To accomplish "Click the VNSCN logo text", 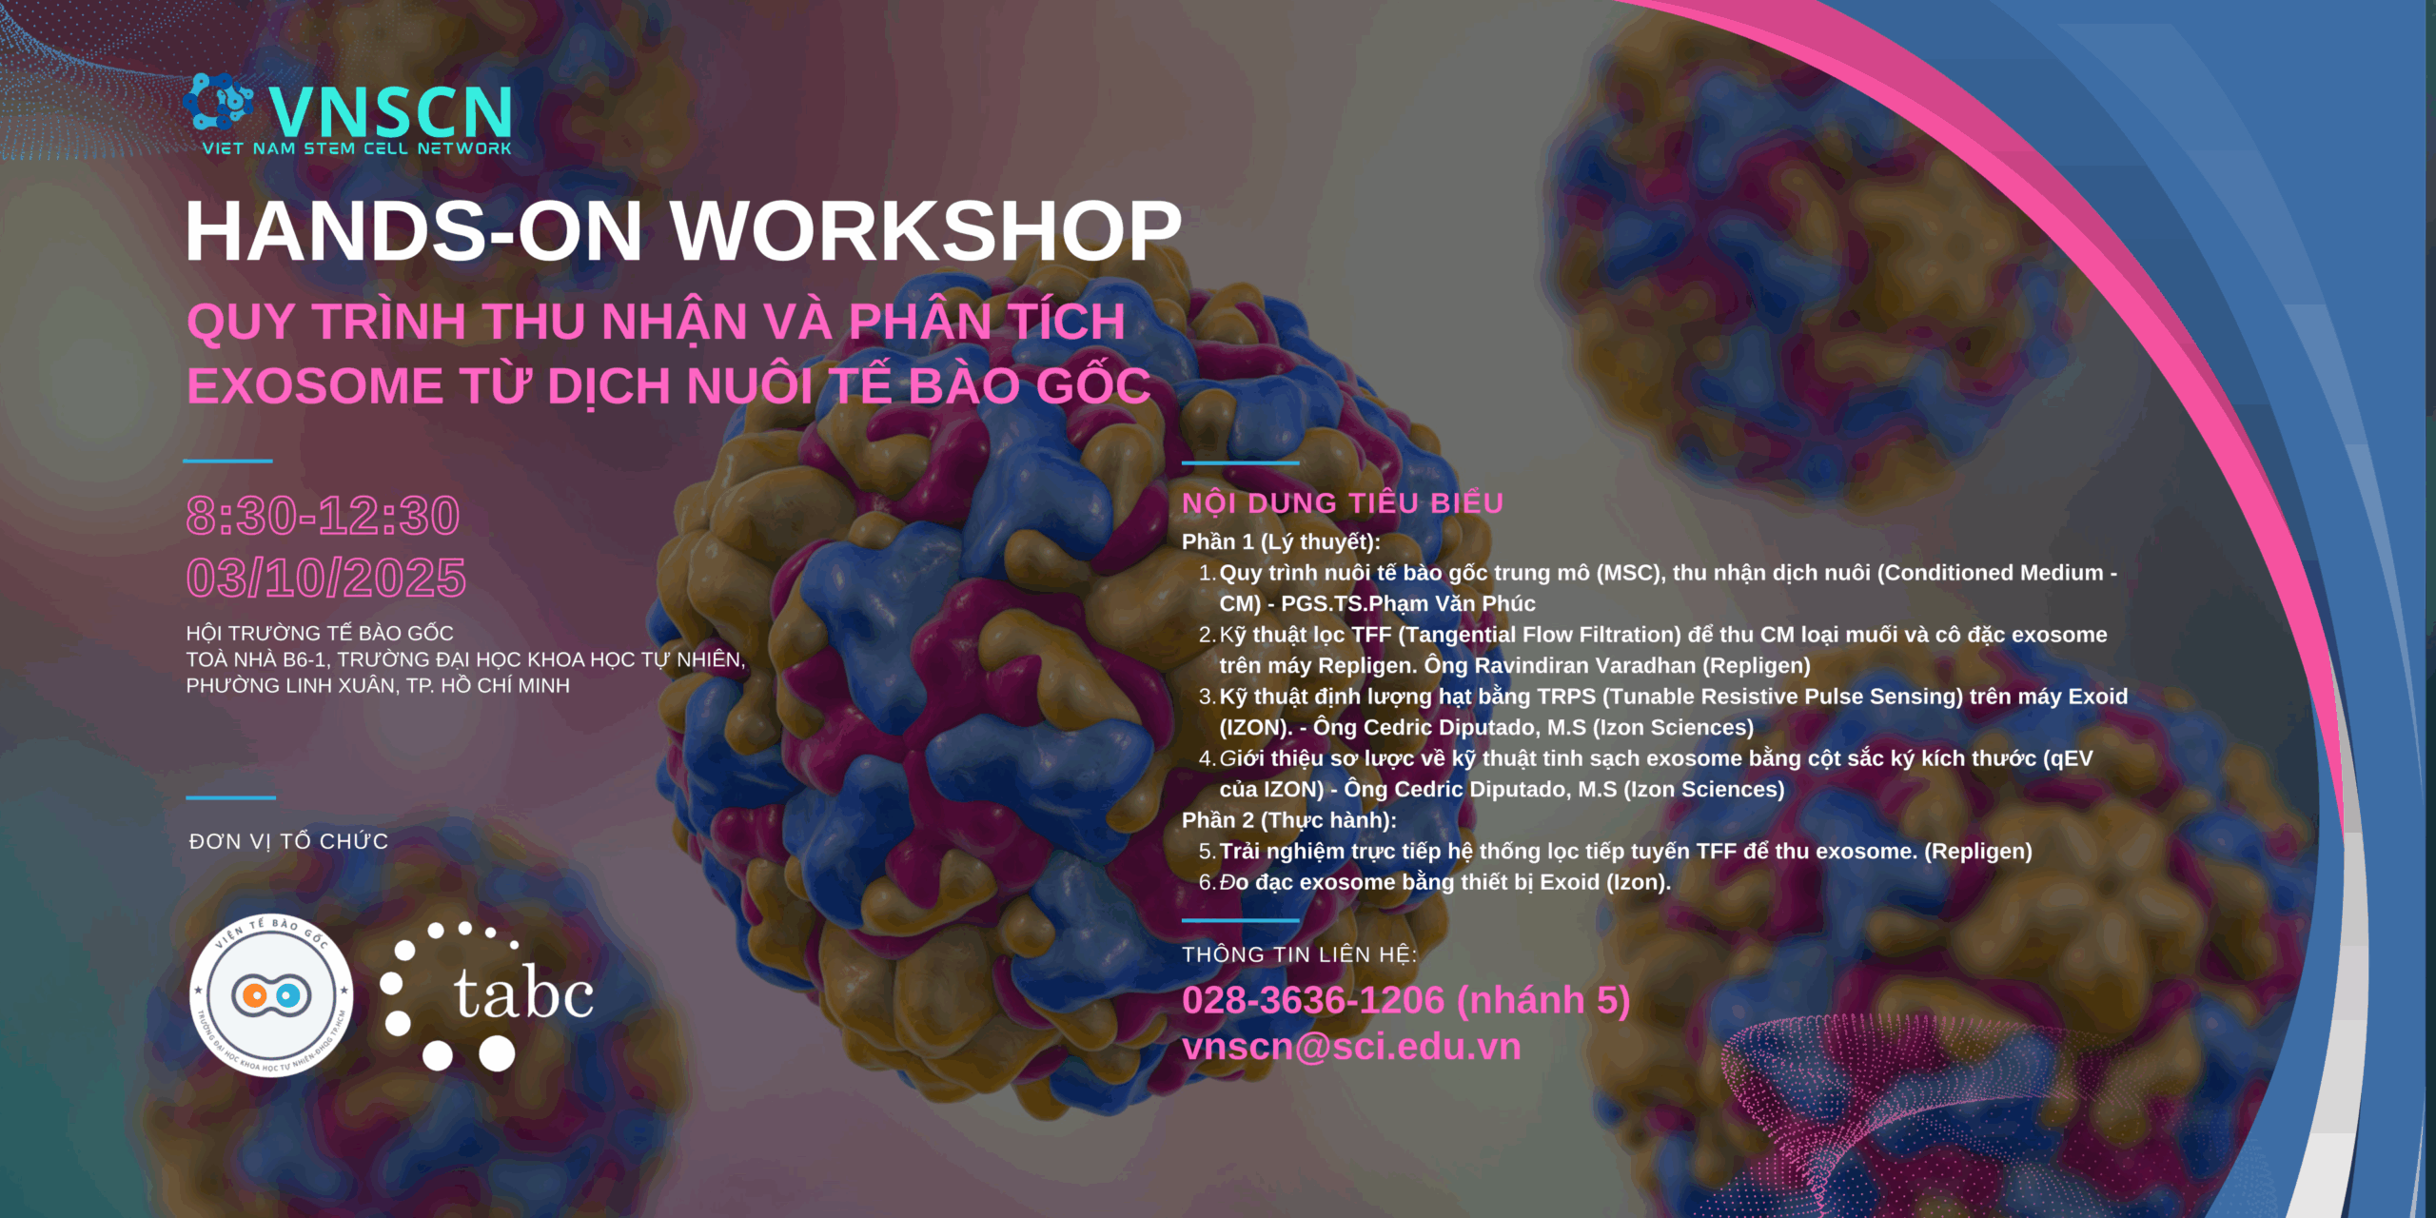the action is (x=390, y=111).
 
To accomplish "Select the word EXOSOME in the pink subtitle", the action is (x=315, y=386).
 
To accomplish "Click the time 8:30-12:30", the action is (x=324, y=516).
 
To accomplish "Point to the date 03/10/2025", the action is (x=326, y=578).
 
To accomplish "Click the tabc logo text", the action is (x=523, y=993).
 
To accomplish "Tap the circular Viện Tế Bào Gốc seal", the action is (x=271, y=996).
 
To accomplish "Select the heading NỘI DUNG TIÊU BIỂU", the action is (x=1343, y=503).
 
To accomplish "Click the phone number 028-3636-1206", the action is (x=1313, y=1000).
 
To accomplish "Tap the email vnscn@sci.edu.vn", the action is (x=1351, y=1047).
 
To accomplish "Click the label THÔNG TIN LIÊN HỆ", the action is (x=1299, y=954).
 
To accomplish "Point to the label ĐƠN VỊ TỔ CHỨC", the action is (x=288, y=841).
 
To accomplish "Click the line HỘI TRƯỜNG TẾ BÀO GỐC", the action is (x=320, y=633).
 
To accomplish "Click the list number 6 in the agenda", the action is (x=1206, y=882).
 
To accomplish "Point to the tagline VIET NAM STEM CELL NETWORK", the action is (x=357, y=148).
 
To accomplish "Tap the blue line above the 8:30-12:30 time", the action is (x=227, y=461).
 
